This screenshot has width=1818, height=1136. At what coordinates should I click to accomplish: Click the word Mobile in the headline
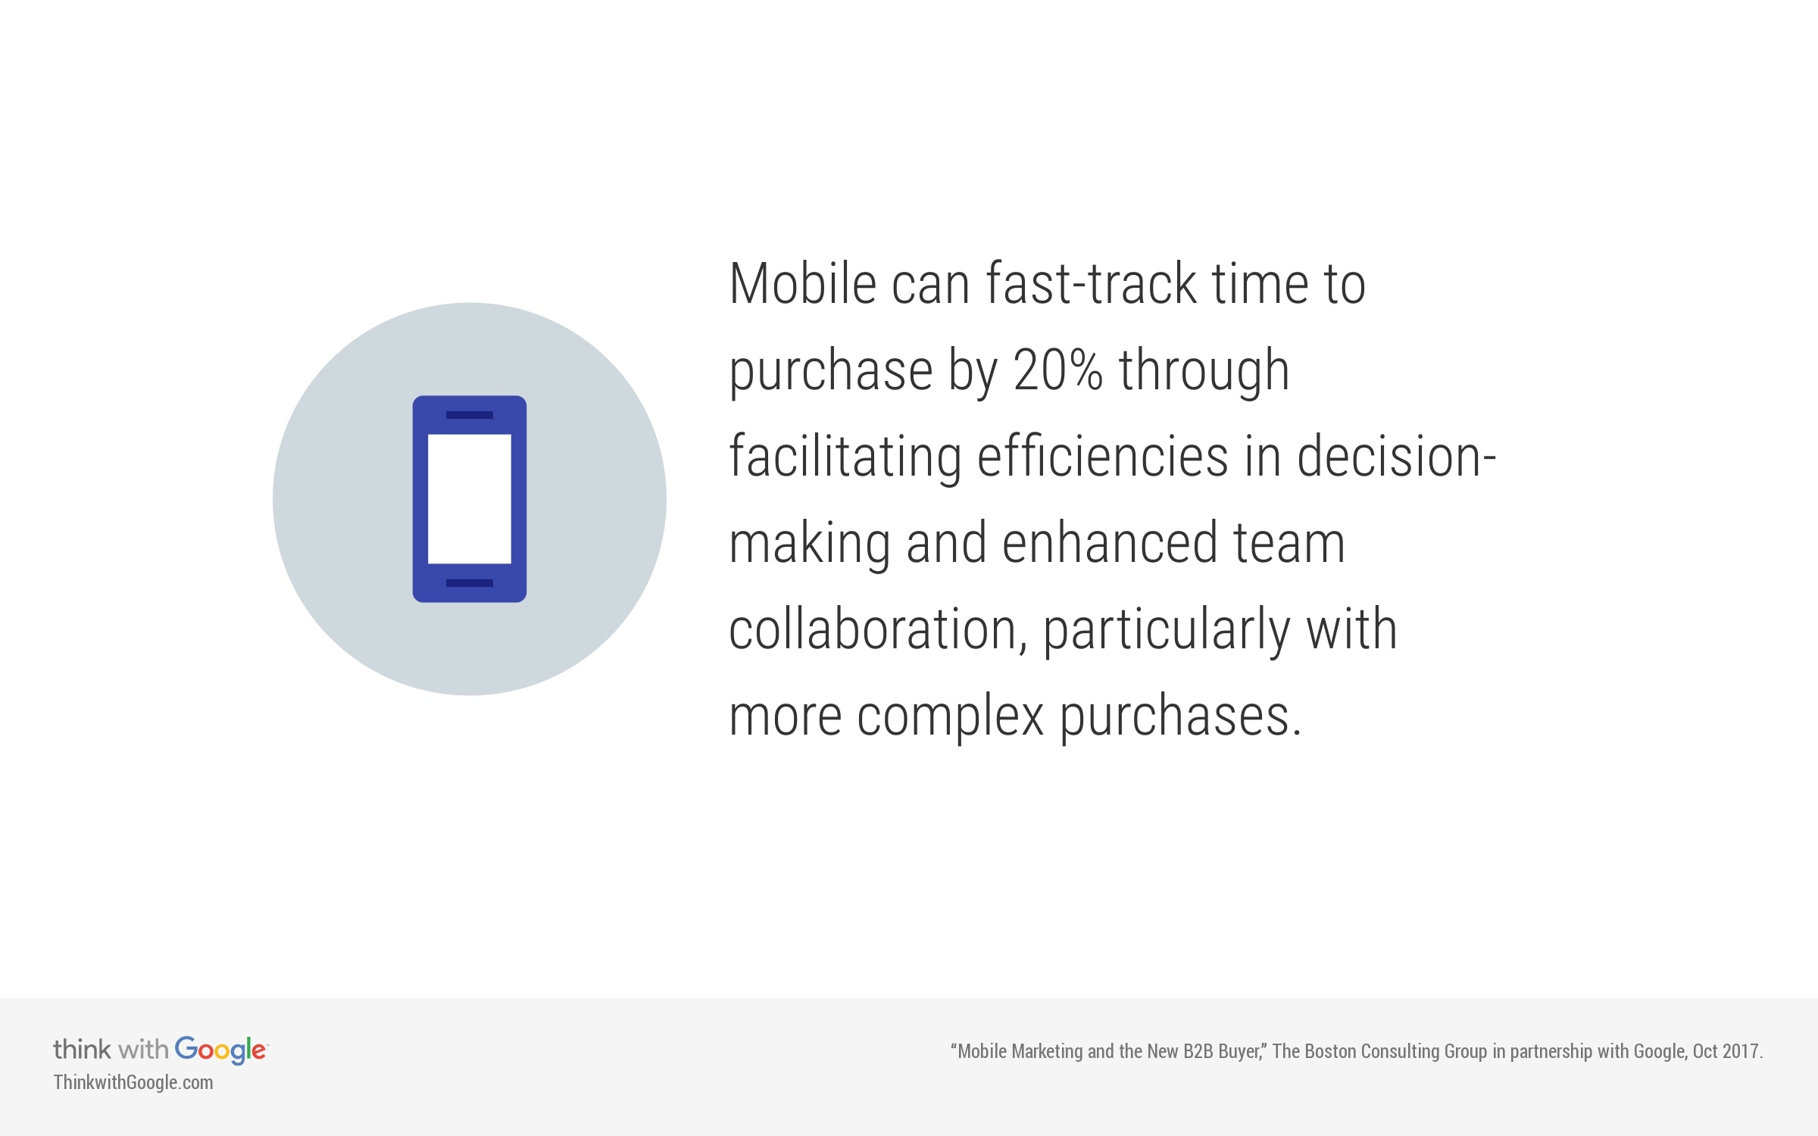coord(802,284)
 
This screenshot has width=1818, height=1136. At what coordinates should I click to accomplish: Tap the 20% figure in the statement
coord(1057,370)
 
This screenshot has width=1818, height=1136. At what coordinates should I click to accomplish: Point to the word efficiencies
coord(1102,457)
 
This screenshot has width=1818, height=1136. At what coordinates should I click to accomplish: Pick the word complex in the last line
coord(950,716)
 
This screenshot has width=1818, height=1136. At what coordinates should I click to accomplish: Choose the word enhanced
coord(1109,543)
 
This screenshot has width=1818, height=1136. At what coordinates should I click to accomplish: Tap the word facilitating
coord(845,457)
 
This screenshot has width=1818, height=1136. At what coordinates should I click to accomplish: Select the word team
coord(1289,543)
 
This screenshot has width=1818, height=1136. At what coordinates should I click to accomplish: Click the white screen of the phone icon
coord(470,499)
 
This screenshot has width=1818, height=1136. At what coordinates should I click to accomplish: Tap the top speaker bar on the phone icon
coord(470,415)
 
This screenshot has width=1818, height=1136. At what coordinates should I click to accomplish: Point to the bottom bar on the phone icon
coord(470,583)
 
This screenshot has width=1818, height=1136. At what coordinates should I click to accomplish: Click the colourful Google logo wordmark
coord(220,1050)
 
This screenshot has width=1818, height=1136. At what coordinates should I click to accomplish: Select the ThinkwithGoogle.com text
coord(133,1083)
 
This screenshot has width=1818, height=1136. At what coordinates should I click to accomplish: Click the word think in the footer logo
coord(82,1050)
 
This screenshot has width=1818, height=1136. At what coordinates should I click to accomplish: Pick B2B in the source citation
coord(1198,1051)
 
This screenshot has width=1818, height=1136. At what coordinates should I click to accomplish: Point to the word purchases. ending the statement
coord(1179,716)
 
